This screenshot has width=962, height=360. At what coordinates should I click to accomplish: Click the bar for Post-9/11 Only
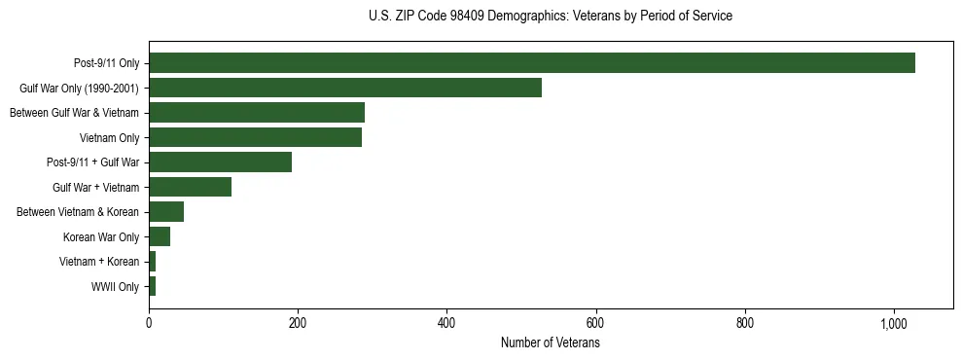pyautogui.click(x=531, y=63)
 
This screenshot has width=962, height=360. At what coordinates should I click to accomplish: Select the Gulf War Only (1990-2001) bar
pyautogui.click(x=344, y=88)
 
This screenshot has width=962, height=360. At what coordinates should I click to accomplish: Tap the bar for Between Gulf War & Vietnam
pyautogui.click(x=256, y=113)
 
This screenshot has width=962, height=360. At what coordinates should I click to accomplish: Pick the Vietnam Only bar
pyautogui.click(x=255, y=137)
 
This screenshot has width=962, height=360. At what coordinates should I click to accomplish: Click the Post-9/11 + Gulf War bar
pyautogui.click(x=220, y=162)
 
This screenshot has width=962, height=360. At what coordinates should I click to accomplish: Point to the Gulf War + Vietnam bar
pyautogui.click(x=190, y=187)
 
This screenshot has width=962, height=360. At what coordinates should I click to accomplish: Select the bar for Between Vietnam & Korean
pyautogui.click(x=166, y=212)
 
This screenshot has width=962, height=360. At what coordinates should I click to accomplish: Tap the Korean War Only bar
pyautogui.click(x=160, y=236)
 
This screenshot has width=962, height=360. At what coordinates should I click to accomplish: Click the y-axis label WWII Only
pyautogui.click(x=115, y=287)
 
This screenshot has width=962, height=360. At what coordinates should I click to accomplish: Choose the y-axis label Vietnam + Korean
pyautogui.click(x=99, y=262)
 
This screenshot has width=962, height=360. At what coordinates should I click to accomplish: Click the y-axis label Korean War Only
pyautogui.click(x=101, y=237)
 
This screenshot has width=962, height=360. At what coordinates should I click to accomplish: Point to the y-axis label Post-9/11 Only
pyautogui.click(x=106, y=63)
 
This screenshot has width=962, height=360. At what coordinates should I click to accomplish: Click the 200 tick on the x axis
pyautogui.click(x=298, y=324)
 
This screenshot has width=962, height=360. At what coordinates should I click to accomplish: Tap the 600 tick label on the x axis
pyautogui.click(x=596, y=324)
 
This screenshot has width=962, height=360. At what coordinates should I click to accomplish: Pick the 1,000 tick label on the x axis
pyautogui.click(x=894, y=324)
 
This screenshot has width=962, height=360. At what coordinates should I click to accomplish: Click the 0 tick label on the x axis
pyautogui.click(x=149, y=324)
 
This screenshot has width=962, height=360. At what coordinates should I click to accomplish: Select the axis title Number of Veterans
pyautogui.click(x=550, y=343)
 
